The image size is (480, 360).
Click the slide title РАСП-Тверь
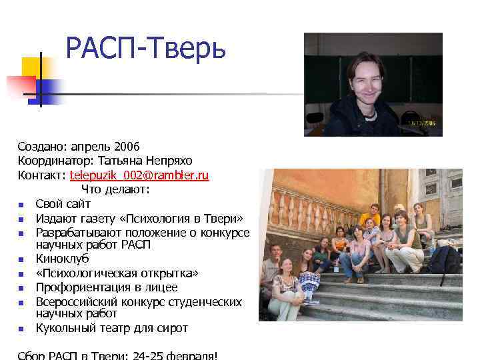click(x=146, y=48)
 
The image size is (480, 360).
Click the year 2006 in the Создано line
click(x=126, y=147)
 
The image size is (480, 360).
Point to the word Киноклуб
click(x=62, y=259)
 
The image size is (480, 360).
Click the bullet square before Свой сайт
click(x=22, y=205)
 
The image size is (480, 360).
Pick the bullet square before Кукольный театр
click(x=22, y=329)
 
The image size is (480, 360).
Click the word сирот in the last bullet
click(x=172, y=328)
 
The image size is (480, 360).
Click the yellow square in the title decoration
click(x=31, y=67)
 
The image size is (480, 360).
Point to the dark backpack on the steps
click(x=443, y=259)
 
